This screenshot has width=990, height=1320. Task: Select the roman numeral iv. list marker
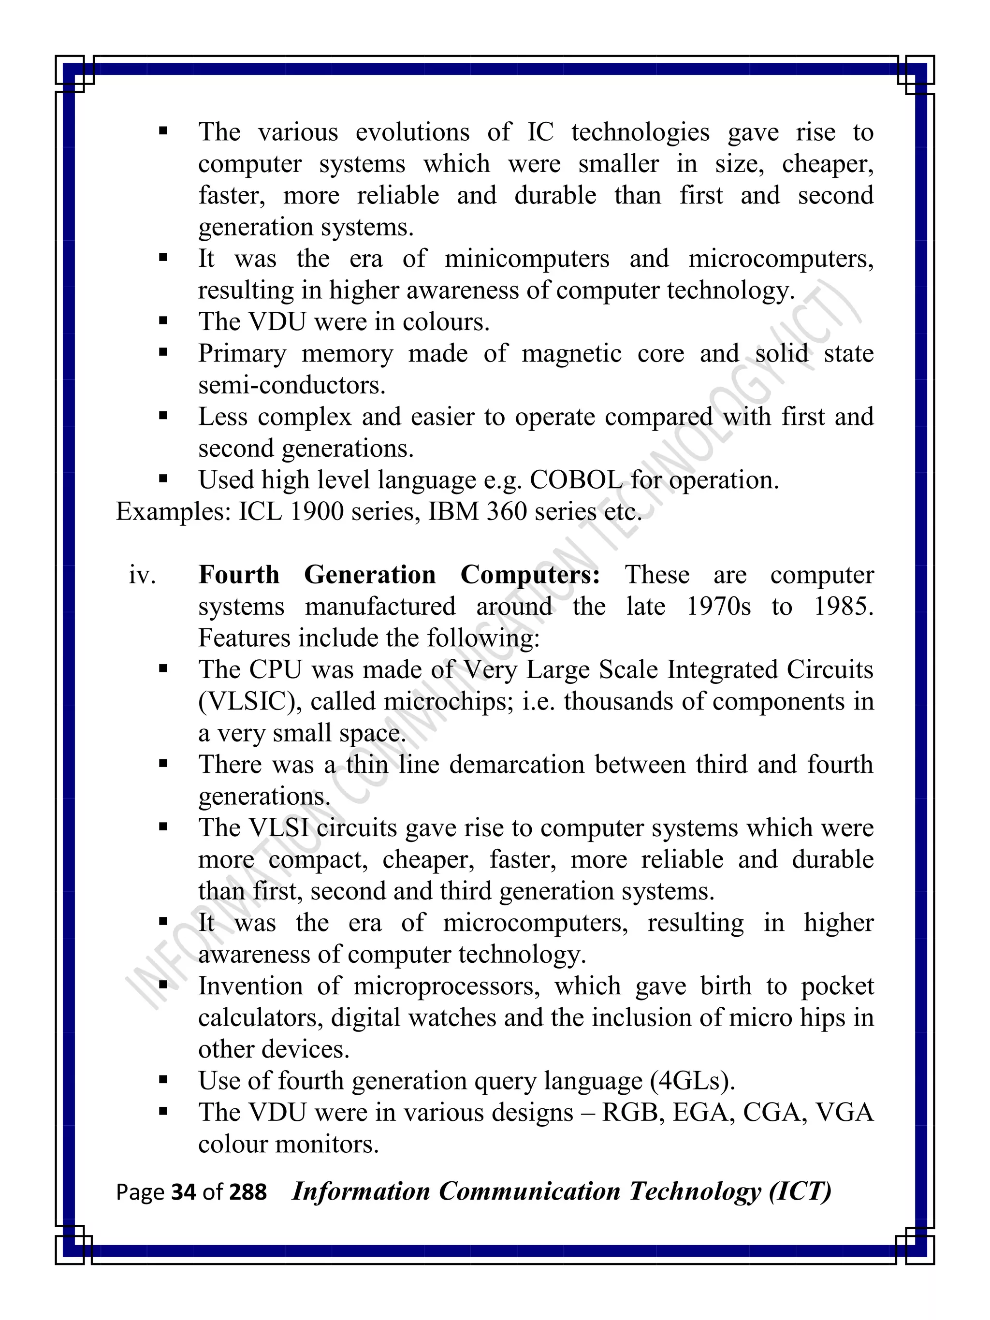[142, 575]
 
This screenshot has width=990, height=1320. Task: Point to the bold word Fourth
[239, 575]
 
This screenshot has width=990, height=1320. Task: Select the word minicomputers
[527, 259]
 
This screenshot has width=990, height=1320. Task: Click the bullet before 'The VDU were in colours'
[163, 321]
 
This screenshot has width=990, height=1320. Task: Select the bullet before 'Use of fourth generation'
[163, 1080]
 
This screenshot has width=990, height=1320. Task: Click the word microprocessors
[446, 986]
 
